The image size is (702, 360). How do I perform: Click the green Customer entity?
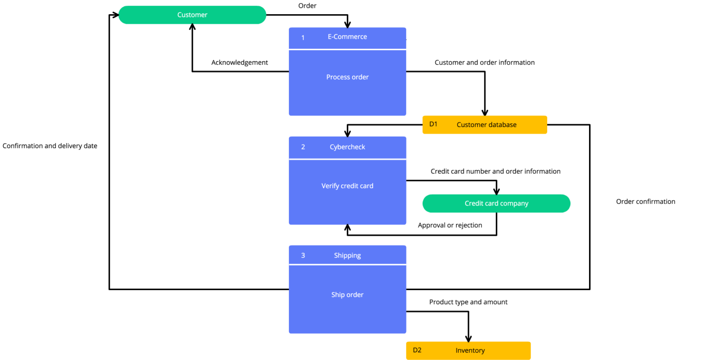click(192, 15)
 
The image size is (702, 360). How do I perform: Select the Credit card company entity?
click(496, 203)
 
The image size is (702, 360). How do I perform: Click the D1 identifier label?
click(433, 124)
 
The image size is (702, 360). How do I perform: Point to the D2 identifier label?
click(417, 350)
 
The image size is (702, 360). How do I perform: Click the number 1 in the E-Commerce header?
click(303, 37)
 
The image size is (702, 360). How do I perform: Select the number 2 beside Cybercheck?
click(303, 147)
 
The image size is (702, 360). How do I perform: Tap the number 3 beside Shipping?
click(303, 255)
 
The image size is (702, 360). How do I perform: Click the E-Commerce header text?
click(347, 37)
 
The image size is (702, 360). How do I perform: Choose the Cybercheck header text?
click(347, 147)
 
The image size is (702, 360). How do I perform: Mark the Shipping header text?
click(347, 255)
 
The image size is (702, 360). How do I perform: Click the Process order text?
click(347, 77)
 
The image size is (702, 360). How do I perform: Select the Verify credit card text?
click(347, 186)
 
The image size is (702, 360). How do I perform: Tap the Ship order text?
click(347, 295)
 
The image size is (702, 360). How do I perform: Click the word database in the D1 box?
click(500, 125)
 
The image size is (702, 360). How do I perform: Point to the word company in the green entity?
click(514, 204)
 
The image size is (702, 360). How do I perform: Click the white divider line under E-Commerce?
click(347, 49)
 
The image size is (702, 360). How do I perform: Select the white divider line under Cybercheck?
click(347, 159)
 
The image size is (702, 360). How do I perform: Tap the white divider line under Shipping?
click(347, 264)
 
